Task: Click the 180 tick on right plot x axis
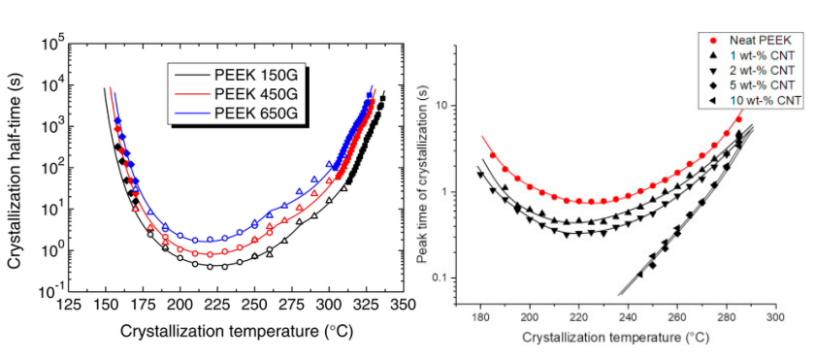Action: tap(480, 316)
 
